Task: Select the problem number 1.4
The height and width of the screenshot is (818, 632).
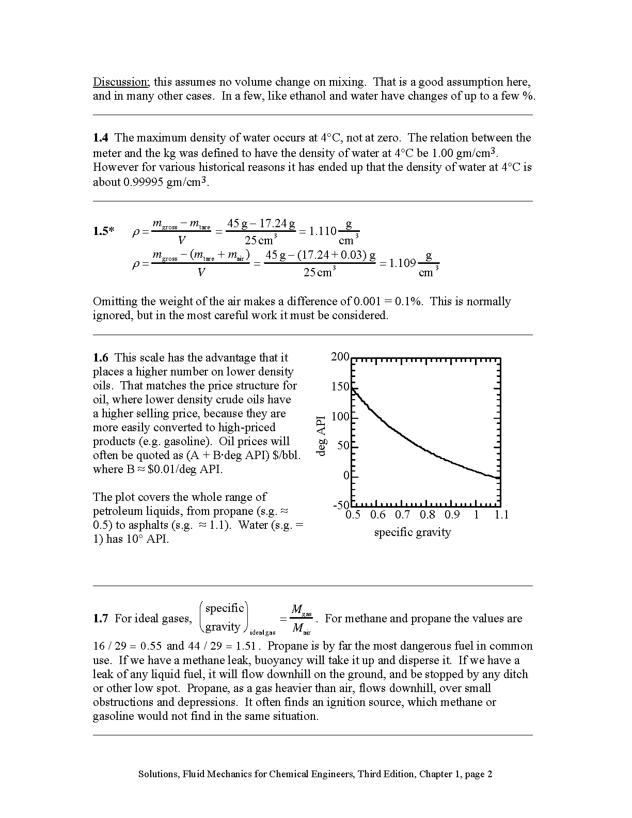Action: [101, 138]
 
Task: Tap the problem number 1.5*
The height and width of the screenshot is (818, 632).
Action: [104, 231]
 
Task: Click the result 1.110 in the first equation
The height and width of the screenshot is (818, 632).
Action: [323, 231]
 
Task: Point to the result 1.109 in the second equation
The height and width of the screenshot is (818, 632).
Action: [402, 263]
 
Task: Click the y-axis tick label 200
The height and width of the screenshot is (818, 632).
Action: [340, 357]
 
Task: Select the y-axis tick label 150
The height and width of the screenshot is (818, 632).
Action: [340, 387]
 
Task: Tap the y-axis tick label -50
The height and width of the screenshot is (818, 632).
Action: [341, 505]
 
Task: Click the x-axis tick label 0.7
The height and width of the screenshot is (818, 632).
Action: [403, 515]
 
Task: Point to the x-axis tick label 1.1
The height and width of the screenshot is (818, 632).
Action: [501, 515]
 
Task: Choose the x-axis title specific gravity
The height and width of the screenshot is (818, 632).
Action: [413, 532]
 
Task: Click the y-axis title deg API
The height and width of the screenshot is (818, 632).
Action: [322, 435]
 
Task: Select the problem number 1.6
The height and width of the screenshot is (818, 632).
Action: [101, 358]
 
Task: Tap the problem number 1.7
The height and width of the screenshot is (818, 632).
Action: [101, 619]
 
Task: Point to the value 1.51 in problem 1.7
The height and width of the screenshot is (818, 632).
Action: [247, 647]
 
